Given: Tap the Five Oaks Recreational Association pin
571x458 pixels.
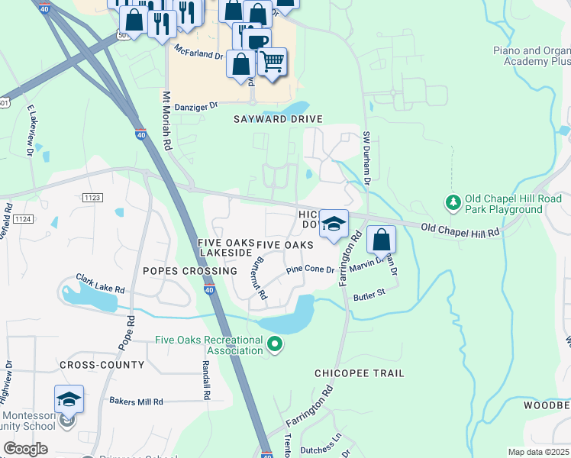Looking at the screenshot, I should coord(276,347).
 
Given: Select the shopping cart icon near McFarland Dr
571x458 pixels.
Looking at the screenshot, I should coord(272,62).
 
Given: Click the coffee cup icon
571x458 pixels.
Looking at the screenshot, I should coord(256,42).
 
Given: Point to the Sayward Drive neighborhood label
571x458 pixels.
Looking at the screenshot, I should coord(279,119).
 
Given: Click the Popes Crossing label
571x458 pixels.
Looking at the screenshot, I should coord(189,271).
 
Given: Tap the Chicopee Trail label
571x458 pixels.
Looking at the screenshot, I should coord(360,373).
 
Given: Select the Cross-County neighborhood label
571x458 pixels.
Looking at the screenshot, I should coord(102,365).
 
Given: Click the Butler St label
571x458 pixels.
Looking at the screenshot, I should coord(368,292).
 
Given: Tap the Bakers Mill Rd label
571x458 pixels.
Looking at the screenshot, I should coord(136,402).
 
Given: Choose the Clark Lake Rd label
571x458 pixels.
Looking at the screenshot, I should coord(100,283).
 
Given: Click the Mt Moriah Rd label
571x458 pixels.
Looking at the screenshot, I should coord(166,126).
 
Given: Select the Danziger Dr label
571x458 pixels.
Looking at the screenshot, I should coord(196,107).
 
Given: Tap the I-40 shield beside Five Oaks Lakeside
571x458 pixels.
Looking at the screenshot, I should coord(210,289).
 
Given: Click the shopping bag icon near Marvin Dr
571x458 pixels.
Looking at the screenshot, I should coord(381,240).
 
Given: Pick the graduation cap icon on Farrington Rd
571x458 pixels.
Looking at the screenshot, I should coord(334,224).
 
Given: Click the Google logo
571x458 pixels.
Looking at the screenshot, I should coord(25,449).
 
